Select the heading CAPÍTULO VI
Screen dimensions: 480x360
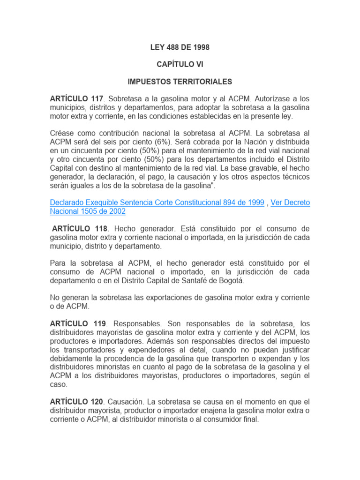coord(180,64)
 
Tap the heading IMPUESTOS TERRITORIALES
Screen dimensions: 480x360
coord(180,82)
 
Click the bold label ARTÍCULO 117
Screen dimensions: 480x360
coord(76,99)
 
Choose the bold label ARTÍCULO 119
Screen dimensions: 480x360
coord(76,323)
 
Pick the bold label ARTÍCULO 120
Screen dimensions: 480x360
coord(76,402)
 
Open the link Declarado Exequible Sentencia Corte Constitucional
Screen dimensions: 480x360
coord(157,202)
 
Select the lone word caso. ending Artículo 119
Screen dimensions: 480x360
coord(59,384)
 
